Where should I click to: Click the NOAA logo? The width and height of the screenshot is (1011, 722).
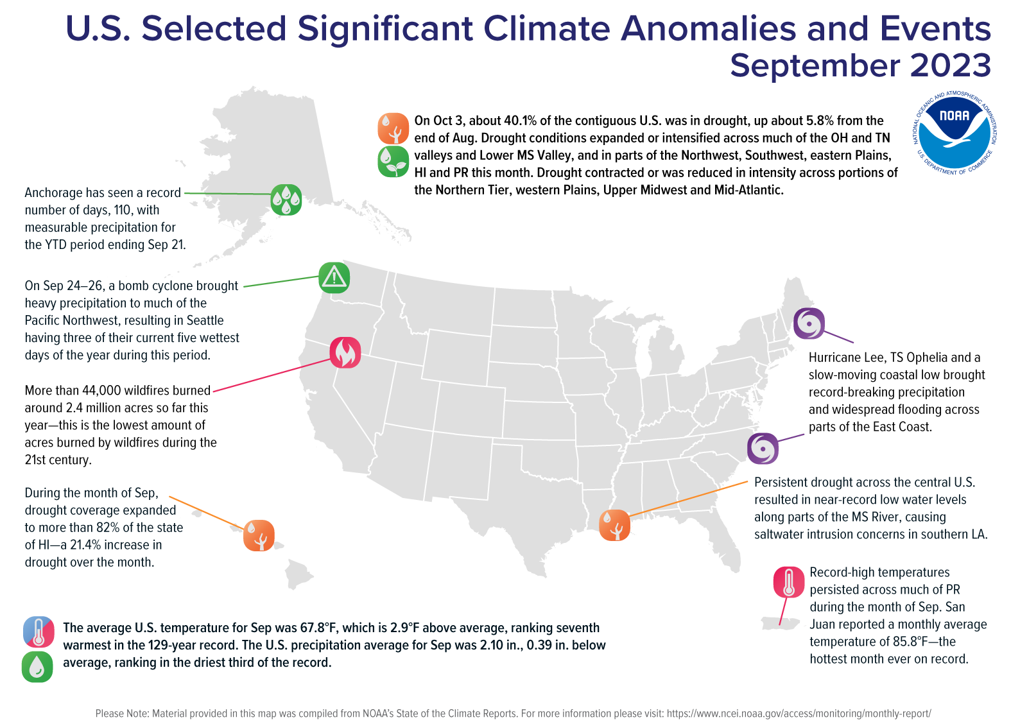955,133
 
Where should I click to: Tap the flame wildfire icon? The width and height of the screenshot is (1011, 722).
345,352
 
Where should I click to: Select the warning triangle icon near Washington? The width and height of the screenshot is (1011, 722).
334,278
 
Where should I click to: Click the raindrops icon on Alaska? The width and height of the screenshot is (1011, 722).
286,200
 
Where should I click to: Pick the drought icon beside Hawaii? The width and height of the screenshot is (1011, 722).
259,536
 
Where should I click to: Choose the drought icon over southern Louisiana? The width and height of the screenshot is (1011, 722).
614,526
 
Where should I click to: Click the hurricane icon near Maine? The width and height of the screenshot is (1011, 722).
809,323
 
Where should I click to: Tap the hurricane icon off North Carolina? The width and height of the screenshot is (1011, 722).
763,448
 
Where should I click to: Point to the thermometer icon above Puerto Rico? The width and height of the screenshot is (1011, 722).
789,583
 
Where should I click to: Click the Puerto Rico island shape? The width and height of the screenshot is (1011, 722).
780,623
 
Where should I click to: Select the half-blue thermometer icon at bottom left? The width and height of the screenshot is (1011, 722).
38,632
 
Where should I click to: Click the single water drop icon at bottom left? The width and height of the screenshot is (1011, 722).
37,667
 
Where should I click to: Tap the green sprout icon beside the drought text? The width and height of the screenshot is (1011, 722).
393,161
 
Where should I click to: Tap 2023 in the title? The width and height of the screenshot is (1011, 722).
951,65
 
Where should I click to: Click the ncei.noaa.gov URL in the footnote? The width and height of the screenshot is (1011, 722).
799,713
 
